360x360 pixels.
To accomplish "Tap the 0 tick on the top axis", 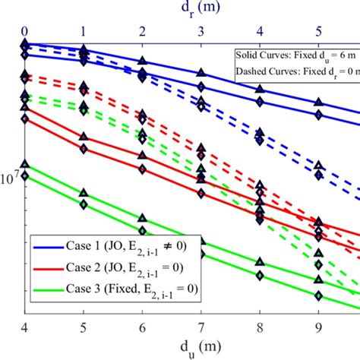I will coord(24,30).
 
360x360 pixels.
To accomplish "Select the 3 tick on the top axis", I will coord(201,30).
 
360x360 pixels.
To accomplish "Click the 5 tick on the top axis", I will coord(318,30).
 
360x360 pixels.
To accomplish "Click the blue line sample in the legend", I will coord(50,245).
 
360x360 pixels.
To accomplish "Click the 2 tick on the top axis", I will coord(142,30).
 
